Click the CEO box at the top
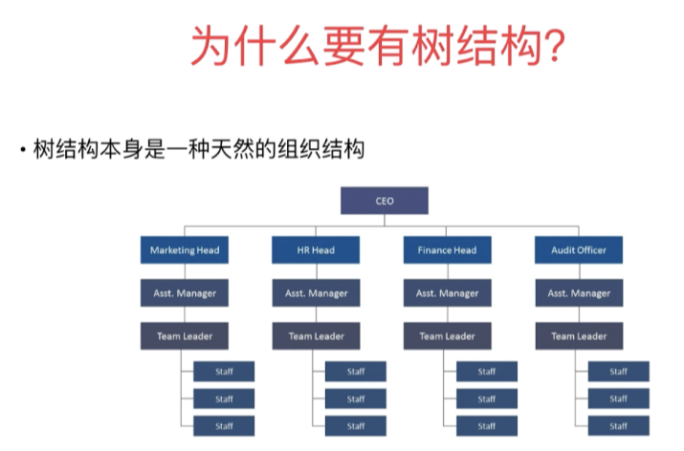(385, 201)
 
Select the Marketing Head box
(185, 250)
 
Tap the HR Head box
(316, 250)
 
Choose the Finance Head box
(447, 250)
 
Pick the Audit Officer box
(579, 250)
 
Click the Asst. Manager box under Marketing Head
(185, 292)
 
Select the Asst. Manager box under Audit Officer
(580, 292)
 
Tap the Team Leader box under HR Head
(317, 336)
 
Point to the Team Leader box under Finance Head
(447, 336)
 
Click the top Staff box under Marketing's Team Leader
(224, 372)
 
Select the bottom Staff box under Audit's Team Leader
(619, 426)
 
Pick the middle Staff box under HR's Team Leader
(356, 398)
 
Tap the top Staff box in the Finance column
(487, 372)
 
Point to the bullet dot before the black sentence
(22, 150)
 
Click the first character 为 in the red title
(211, 45)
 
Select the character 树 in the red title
(432, 45)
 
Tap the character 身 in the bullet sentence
(133, 149)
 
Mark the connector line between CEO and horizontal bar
(385, 220)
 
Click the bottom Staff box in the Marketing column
(224, 426)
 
